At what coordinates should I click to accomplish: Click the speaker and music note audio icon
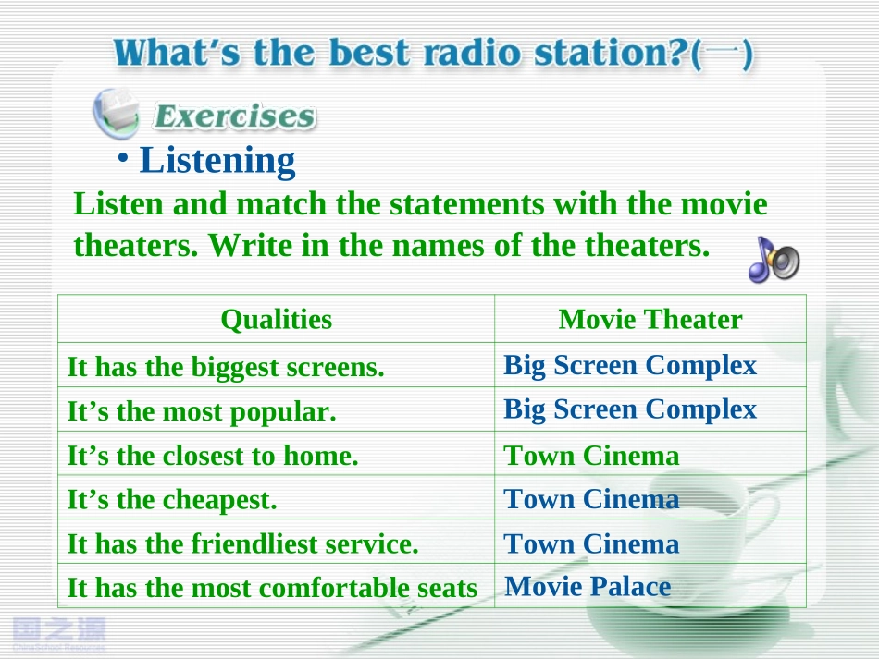pyautogui.click(x=774, y=259)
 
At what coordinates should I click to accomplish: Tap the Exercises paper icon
pyautogui.click(x=117, y=113)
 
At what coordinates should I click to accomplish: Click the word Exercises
pyautogui.click(x=234, y=116)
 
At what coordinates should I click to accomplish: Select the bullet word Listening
pyautogui.click(x=217, y=161)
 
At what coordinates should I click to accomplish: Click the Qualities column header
pyautogui.click(x=277, y=320)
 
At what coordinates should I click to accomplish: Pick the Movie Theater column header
pyautogui.click(x=650, y=319)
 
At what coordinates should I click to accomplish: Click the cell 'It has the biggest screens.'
pyautogui.click(x=226, y=367)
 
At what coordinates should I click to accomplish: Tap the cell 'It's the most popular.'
pyautogui.click(x=202, y=411)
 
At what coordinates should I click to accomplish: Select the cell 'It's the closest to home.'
pyautogui.click(x=213, y=455)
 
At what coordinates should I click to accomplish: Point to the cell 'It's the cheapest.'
pyautogui.click(x=171, y=499)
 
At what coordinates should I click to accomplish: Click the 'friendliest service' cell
pyautogui.click(x=242, y=543)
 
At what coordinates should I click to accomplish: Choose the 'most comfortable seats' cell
pyautogui.click(x=272, y=588)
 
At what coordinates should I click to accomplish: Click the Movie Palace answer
pyautogui.click(x=588, y=587)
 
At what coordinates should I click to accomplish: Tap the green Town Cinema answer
pyautogui.click(x=591, y=455)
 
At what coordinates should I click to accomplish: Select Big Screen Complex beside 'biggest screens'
pyautogui.click(x=630, y=366)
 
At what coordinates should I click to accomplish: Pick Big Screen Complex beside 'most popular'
pyautogui.click(x=630, y=409)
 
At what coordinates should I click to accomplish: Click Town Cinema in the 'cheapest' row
pyautogui.click(x=591, y=499)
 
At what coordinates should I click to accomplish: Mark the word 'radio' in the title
pyautogui.click(x=473, y=53)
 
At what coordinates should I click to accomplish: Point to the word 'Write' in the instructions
pyautogui.click(x=250, y=245)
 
